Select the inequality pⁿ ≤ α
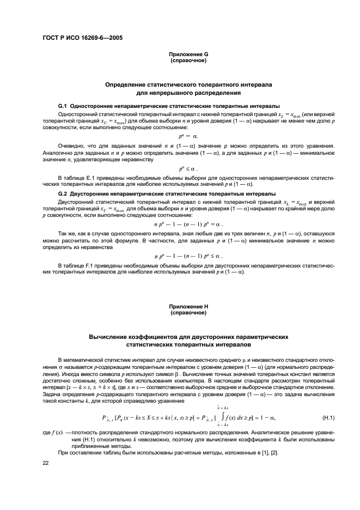188,169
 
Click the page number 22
45,463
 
